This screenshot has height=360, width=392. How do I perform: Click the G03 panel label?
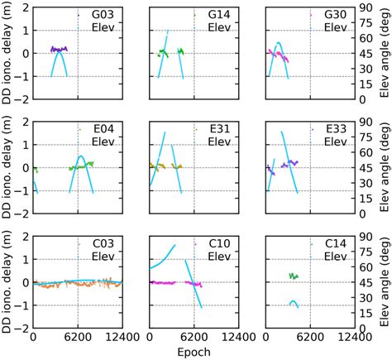coord(103,15)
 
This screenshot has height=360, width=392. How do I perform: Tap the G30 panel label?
coord(335,15)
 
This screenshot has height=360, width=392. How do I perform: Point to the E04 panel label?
coord(103,129)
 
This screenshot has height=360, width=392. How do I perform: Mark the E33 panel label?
coord(335,129)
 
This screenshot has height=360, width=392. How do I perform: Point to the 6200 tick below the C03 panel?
coord(78,338)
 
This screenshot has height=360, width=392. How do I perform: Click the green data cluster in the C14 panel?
coord(294,276)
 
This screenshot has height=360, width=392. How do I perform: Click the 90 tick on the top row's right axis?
coord(368,7)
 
